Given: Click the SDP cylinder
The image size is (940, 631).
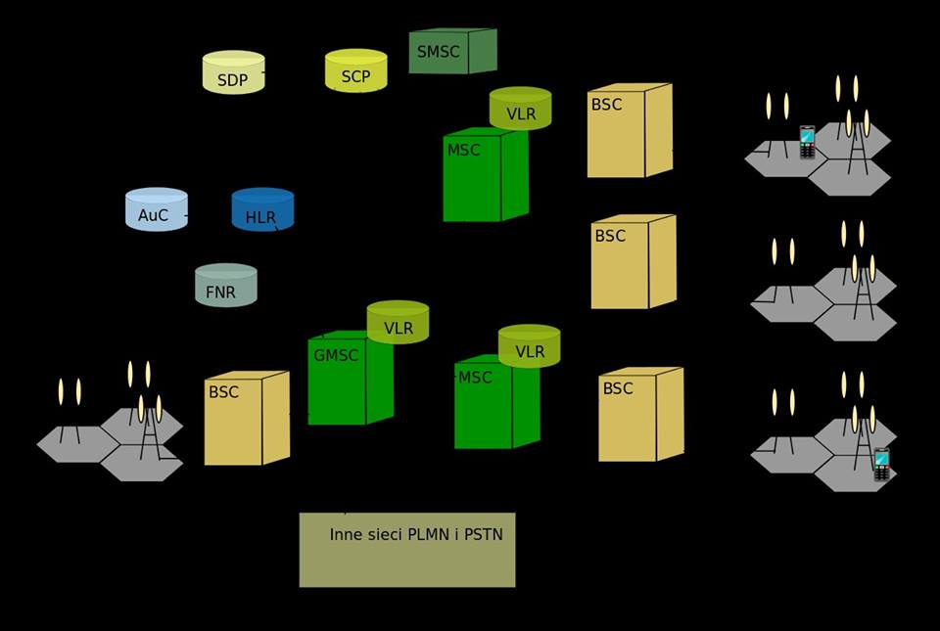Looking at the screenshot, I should (233, 73).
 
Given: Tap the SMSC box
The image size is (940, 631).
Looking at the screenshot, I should (451, 52).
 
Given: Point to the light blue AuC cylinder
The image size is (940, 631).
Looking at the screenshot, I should (156, 210).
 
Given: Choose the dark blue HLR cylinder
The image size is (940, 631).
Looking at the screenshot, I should (262, 210).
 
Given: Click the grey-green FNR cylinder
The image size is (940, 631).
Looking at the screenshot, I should (225, 286).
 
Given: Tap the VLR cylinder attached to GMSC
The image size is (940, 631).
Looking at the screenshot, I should (398, 322).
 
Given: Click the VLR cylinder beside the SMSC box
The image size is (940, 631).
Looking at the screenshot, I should (520, 109).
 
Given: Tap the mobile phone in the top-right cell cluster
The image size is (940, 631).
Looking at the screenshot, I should (807, 142).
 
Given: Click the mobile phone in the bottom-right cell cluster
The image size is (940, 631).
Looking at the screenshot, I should (881, 465).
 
